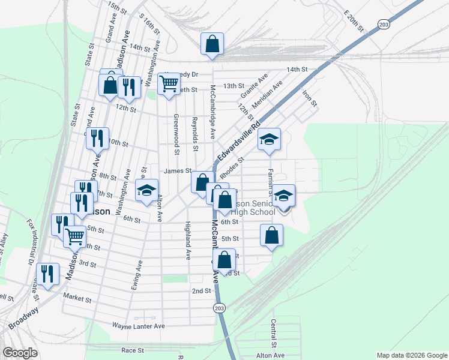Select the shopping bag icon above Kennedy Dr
pos(212,44)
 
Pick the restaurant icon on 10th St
pos(97,138)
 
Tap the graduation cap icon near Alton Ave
pos(146,190)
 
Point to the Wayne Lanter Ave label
pos(138,326)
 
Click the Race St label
pos(133,350)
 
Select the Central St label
pos(273,333)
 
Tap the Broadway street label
pos(23,319)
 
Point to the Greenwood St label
pos(176,129)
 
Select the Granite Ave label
pos(255,87)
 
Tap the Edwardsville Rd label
pos(238,143)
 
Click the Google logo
pos(20,353)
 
